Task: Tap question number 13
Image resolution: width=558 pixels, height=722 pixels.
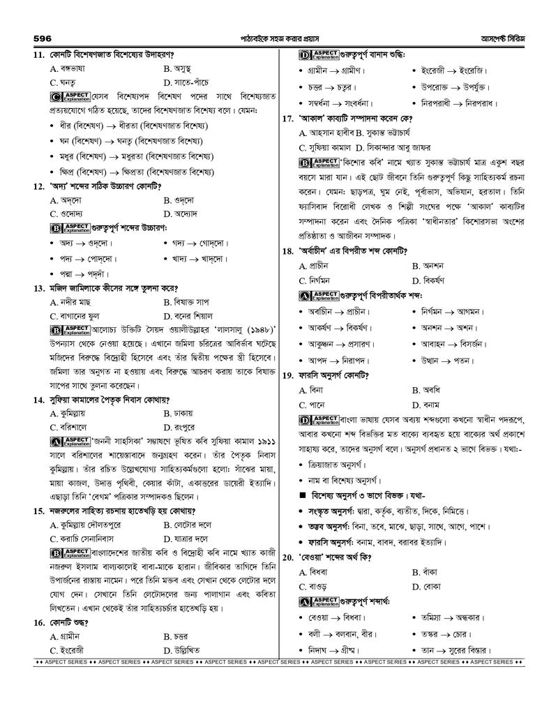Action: tap(38, 287)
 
